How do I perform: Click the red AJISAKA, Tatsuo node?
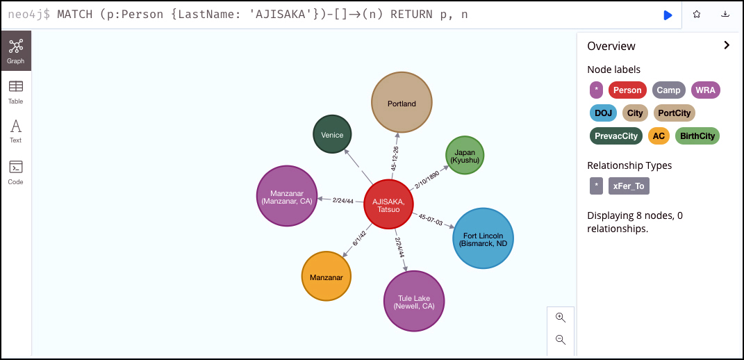pyautogui.click(x=388, y=205)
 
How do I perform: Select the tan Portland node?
pyautogui.click(x=402, y=103)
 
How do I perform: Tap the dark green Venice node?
pyautogui.click(x=332, y=134)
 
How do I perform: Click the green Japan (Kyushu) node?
pyautogui.click(x=465, y=155)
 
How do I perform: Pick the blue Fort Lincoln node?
pyautogui.click(x=483, y=238)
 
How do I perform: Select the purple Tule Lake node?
pyautogui.click(x=414, y=301)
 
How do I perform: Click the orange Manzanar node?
pyautogui.click(x=326, y=277)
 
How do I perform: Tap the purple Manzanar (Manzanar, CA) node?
pyautogui.click(x=287, y=196)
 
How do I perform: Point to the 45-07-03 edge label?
pyautogui.click(x=431, y=220)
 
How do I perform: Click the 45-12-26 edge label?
pyautogui.click(x=395, y=158)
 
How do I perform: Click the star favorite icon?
pyautogui.click(x=697, y=15)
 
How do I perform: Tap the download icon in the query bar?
pyautogui.click(x=725, y=15)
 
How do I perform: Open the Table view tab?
pyautogui.click(x=16, y=92)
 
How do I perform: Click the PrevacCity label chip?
pyautogui.click(x=616, y=136)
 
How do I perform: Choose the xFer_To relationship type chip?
pyautogui.click(x=629, y=186)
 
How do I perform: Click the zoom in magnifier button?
pyautogui.click(x=561, y=318)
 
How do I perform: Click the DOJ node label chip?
pyautogui.click(x=603, y=113)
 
